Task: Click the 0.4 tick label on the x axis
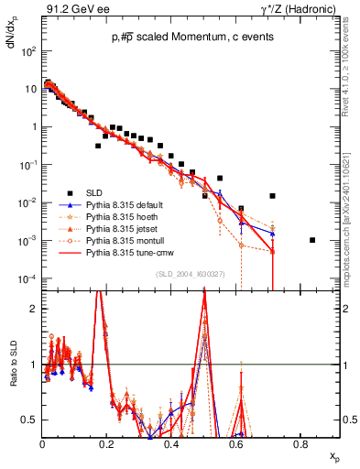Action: point(171,444)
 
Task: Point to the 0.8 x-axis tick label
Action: point(300,444)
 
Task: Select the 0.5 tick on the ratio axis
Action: point(31,420)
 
